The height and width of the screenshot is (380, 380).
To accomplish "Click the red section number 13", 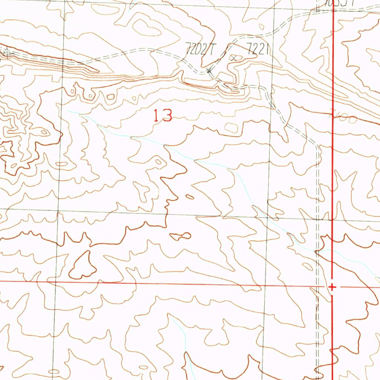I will (163, 116).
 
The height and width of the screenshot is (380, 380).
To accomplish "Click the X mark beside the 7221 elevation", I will (234, 58).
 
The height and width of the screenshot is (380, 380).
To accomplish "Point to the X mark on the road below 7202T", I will (209, 70).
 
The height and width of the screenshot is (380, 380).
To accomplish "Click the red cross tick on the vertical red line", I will (332, 287).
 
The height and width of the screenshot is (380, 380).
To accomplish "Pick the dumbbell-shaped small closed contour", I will (181, 236).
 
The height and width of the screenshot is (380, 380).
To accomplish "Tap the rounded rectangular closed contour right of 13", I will (232, 127).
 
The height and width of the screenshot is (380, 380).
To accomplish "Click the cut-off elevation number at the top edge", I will (340, 3).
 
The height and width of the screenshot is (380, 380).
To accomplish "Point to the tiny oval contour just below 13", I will (159, 161).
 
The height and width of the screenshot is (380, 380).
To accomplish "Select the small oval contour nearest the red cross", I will (308, 266).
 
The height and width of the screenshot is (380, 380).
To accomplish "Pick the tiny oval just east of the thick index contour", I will (189, 197).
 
